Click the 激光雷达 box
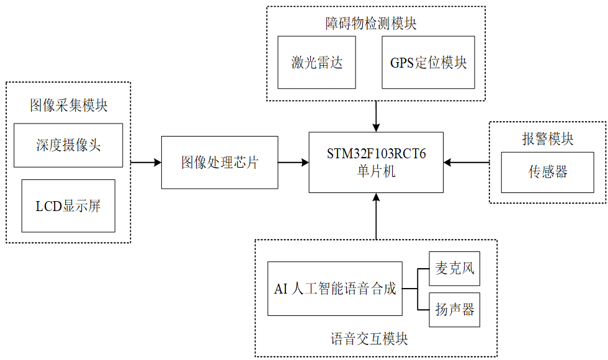tap(317, 62)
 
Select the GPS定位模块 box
tap(428, 62)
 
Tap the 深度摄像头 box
tap(68, 145)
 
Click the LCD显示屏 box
tap(68, 206)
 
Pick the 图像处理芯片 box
tap(220, 163)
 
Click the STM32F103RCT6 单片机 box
tap(377, 163)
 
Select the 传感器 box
tap(548, 172)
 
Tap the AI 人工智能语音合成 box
tap(335, 289)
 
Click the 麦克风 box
tap(455, 268)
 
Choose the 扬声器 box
tap(455, 309)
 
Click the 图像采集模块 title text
tap(68, 106)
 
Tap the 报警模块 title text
tap(548, 139)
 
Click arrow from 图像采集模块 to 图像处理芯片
tap(146, 163)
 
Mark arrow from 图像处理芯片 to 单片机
tap(293, 163)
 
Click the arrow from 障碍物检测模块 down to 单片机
tap(376, 115)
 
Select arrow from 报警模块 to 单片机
tap(467, 163)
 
